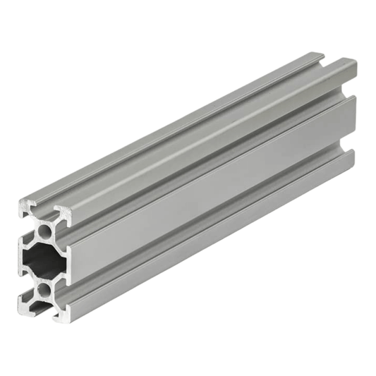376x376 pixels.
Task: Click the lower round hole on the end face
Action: tap(44, 289)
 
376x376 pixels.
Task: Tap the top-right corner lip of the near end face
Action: tap(64, 211)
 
